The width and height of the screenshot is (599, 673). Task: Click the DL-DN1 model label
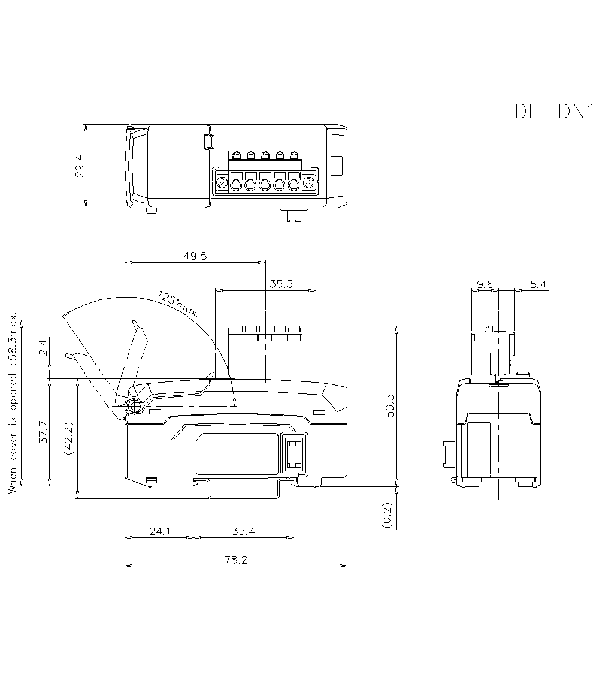pyautogui.click(x=553, y=112)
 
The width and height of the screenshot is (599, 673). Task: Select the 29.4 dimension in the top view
pyautogui.click(x=79, y=166)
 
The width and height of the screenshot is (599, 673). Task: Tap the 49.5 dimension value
pyautogui.click(x=195, y=256)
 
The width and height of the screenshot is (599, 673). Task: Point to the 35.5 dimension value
pyautogui.click(x=280, y=284)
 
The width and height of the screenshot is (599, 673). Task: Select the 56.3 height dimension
pyautogui.click(x=389, y=405)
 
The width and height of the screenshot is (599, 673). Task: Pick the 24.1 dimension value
pyautogui.click(x=159, y=531)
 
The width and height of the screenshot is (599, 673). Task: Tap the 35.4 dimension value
pyautogui.click(x=244, y=531)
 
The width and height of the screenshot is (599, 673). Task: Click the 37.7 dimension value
pyautogui.click(x=43, y=432)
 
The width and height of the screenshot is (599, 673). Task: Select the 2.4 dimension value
pyautogui.click(x=43, y=348)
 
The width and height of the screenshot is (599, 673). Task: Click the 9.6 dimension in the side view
pyautogui.click(x=485, y=284)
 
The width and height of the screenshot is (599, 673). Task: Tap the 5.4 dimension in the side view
pyautogui.click(x=539, y=284)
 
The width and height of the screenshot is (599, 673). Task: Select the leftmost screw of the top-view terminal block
pyautogui.click(x=222, y=183)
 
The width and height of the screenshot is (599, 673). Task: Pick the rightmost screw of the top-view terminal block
pyautogui.click(x=309, y=183)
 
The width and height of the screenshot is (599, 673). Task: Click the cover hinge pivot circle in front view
pyautogui.click(x=134, y=406)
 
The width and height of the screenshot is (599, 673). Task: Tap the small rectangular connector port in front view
pyautogui.click(x=294, y=454)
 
